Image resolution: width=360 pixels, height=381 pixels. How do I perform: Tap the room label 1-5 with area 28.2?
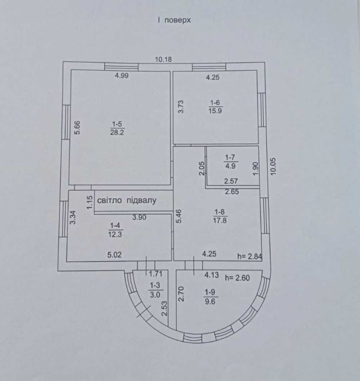pos(117,127)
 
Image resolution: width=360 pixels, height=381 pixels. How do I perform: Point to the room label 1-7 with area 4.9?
pos(230,162)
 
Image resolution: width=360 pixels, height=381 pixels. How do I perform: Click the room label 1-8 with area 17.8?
pos(221,217)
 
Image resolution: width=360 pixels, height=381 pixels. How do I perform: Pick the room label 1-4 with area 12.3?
pos(115,229)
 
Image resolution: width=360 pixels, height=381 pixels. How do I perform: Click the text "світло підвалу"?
pos(126,201)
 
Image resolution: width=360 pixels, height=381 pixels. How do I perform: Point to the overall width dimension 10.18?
pos(164,58)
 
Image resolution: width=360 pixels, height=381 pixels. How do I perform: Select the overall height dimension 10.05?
pos(274,168)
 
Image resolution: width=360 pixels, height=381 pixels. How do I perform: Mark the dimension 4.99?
pos(122,76)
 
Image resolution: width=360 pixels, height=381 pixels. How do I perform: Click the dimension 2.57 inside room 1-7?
pos(231,181)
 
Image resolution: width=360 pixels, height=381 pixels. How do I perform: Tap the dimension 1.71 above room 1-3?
pos(148,274)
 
